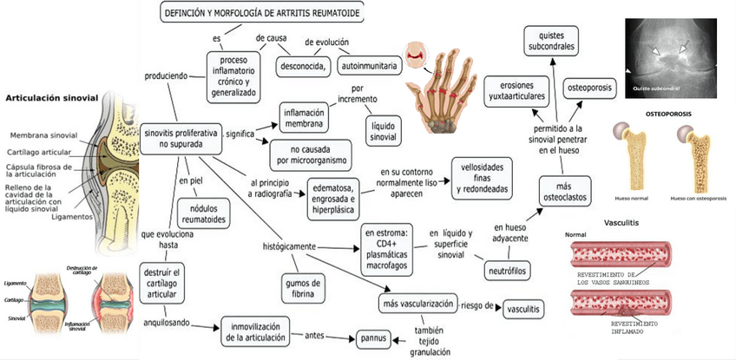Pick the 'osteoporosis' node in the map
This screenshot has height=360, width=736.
pyautogui.click(x=591, y=88)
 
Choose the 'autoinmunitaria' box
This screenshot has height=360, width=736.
pyautogui.click(x=369, y=65)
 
